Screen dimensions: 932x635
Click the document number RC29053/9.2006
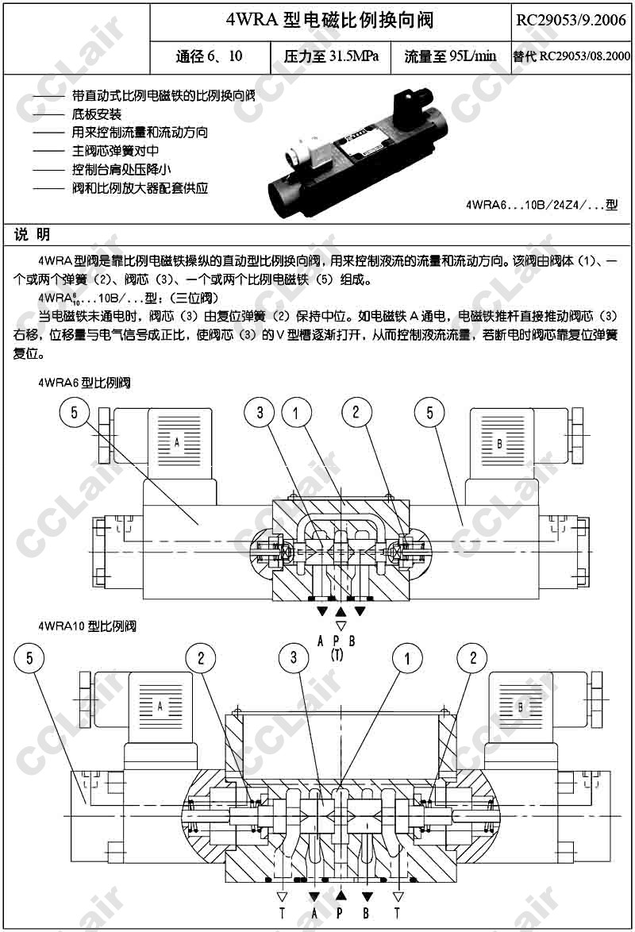pyautogui.click(x=571, y=20)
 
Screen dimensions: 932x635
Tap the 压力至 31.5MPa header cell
pyautogui.click(x=331, y=56)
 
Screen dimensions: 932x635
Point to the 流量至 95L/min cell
pyautogui.click(x=450, y=56)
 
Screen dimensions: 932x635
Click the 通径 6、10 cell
pyautogui.click(x=209, y=56)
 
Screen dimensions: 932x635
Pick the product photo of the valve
pyautogui.click(x=359, y=151)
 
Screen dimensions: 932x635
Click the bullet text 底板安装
pyautogui.click(x=97, y=114)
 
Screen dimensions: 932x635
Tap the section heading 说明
pyautogui.click(x=33, y=234)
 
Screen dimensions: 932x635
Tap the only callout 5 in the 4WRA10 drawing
pyautogui.click(x=29, y=657)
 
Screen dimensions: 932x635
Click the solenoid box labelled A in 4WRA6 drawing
pyautogui.click(x=176, y=442)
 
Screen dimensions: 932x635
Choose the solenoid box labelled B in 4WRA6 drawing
pyautogui.click(x=499, y=443)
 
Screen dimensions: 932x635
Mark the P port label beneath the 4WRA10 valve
pyautogui.click(x=340, y=913)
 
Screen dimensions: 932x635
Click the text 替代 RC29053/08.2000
pyautogui.click(x=571, y=56)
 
